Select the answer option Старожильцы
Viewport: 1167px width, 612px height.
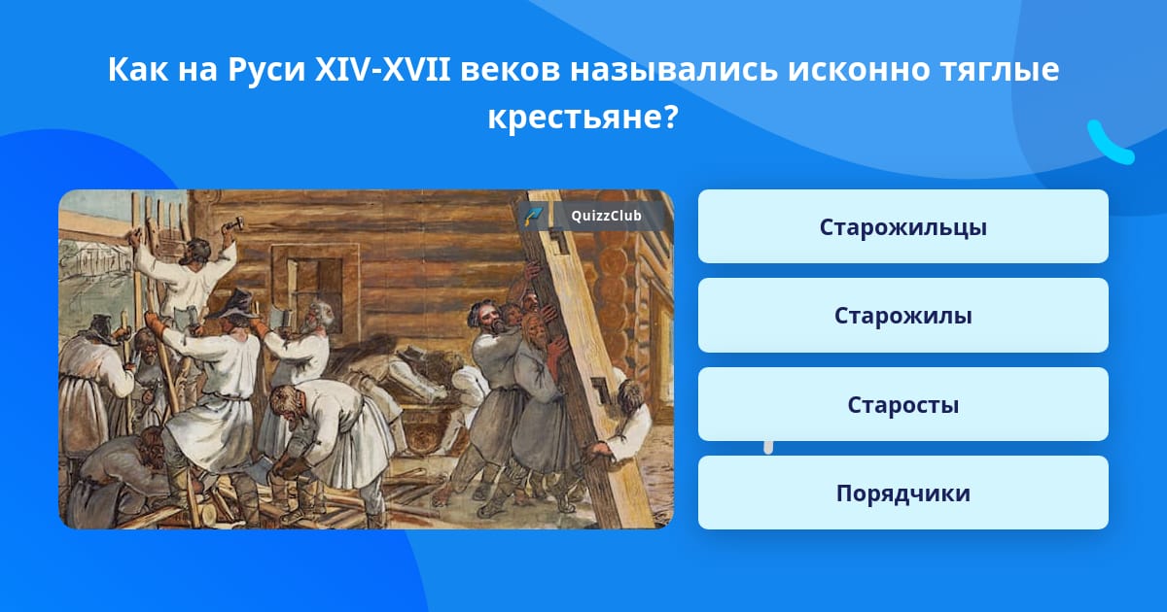tap(902, 226)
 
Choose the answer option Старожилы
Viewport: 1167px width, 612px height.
tap(902, 316)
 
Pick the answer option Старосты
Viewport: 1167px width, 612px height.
tap(902, 404)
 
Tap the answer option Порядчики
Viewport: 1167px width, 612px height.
tap(902, 493)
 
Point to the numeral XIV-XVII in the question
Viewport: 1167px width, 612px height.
tap(383, 69)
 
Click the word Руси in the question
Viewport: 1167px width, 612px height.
tap(266, 70)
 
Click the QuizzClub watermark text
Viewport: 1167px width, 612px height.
tap(606, 216)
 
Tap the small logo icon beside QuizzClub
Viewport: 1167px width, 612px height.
tap(533, 216)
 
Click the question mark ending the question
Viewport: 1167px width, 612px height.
tap(672, 117)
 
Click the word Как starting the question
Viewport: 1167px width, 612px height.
tap(137, 70)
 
